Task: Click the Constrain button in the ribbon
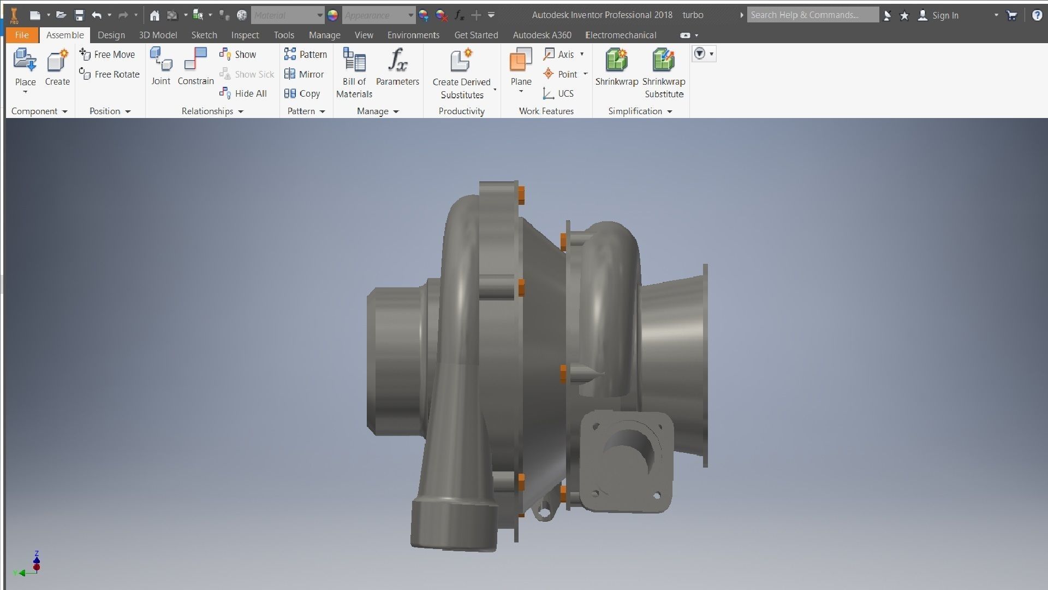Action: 195,66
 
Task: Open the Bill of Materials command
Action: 354,72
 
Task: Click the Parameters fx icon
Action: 397,60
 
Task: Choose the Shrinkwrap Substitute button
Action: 664,72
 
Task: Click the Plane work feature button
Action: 521,66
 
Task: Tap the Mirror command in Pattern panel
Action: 305,74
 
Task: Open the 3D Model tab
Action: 158,35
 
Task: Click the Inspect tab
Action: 245,35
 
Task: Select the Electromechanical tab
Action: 621,35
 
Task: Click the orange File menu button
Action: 22,35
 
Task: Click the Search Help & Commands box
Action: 812,15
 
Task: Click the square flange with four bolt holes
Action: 627,462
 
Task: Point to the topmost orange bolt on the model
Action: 521,194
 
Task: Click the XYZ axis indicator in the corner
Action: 30,565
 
